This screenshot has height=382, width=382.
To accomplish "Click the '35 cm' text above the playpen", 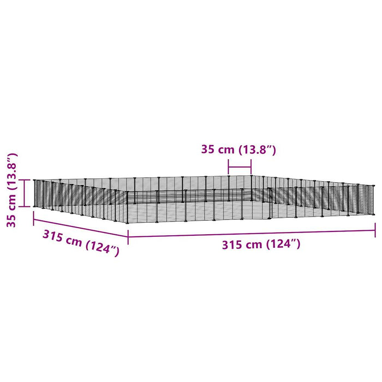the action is (218, 150).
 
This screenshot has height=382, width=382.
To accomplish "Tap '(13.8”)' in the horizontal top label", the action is (257, 150).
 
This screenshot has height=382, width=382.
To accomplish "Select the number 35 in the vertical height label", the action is (11, 220).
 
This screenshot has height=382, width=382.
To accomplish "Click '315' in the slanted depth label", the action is (52, 236).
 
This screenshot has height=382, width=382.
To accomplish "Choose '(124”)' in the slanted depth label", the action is (103, 249).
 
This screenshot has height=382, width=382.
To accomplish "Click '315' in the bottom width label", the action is (231, 245).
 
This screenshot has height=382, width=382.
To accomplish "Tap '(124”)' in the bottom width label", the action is (283, 244).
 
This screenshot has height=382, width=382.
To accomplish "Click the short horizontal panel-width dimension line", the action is (240, 167).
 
